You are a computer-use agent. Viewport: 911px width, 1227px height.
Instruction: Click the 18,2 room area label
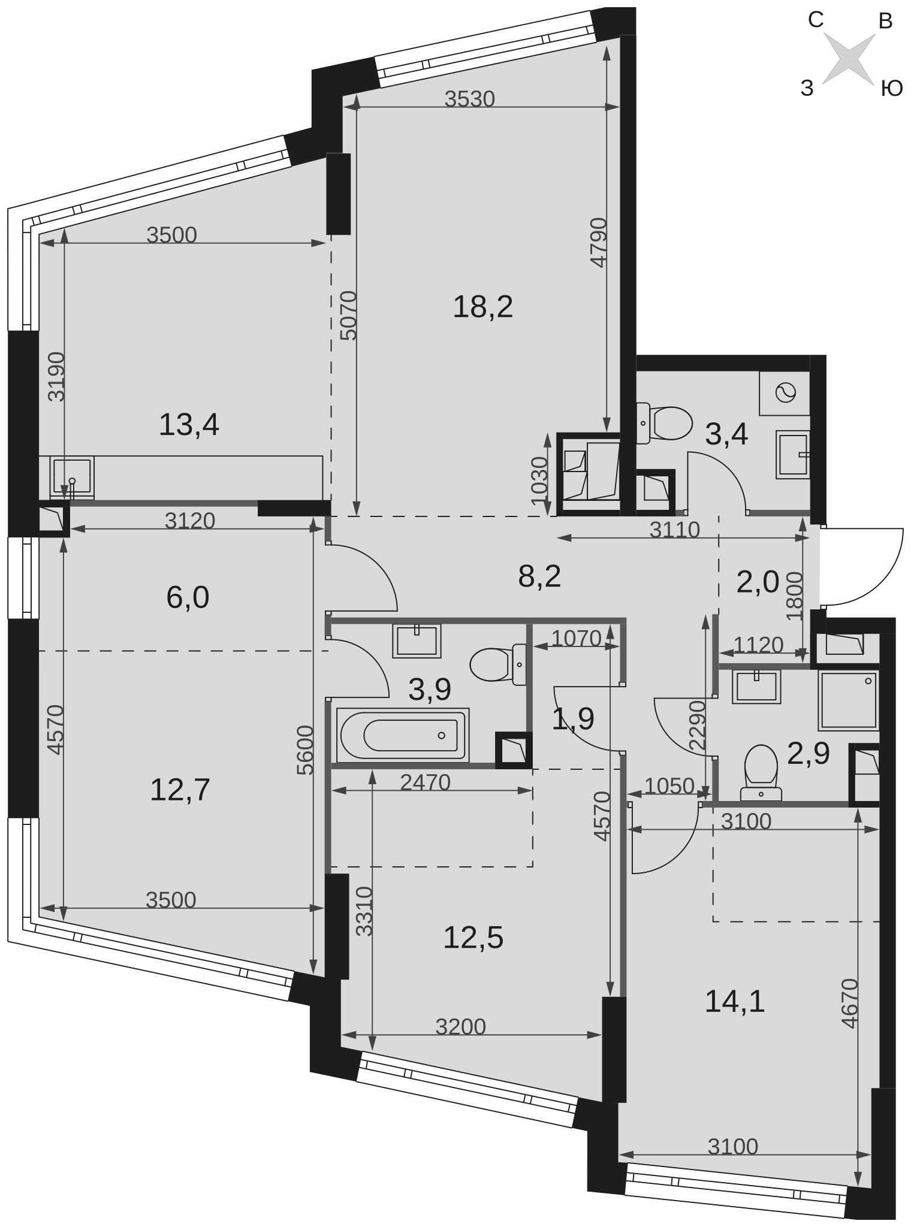pyautogui.click(x=482, y=307)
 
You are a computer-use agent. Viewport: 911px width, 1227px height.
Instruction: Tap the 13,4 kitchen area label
pyautogui.click(x=189, y=425)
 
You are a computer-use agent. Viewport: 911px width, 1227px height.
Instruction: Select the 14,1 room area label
pyautogui.click(x=735, y=1001)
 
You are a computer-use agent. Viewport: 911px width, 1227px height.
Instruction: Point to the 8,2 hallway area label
pyautogui.click(x=539, y=577)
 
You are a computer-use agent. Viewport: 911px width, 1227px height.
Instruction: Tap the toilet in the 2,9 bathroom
pyautogui.click(x=761, y=773)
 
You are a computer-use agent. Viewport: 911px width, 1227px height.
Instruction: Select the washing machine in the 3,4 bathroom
pyautogui.click(x=785, y=393)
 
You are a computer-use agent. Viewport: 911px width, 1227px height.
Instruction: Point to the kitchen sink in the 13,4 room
pyautogui.click(x=73, y=478)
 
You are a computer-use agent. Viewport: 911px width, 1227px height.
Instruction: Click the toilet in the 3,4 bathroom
pyautogui.click(x=665, y=423)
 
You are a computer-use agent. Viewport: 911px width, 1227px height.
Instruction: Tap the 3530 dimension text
pyautogui.click(x=470, y=99)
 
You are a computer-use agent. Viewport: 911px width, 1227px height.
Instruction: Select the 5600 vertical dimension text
pyautogui.click(x=306, y=750)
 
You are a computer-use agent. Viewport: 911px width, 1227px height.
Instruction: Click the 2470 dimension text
pyautogui.click(x=425, y=782)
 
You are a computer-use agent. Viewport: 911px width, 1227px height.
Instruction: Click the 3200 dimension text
pyautogui.click(x=460, y=1026)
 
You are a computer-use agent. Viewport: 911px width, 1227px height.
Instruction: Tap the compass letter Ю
pyautogui.click(x=891, y=89)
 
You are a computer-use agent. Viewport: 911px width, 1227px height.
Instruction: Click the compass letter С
pyautogui.click(x=815, y=20)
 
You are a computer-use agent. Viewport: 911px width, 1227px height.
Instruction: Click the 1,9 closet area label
pyautogui.click(x=573, y=718)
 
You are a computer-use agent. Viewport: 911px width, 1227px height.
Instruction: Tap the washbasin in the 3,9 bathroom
pyautogui.click(x=417, y=640)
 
